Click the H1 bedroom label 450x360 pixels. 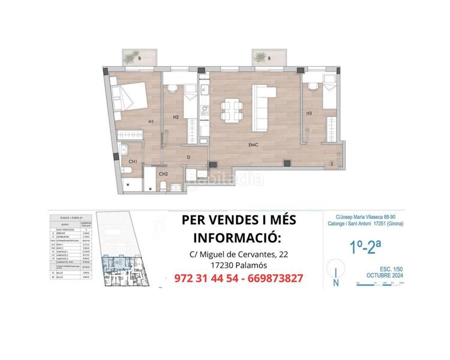151,122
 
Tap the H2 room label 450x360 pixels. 176,116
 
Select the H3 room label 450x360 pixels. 308,113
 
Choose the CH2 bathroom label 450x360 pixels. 162,174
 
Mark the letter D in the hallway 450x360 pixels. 188,158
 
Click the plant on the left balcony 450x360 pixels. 131,58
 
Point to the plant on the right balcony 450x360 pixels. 260,57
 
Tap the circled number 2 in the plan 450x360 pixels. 331,161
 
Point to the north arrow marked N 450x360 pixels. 336,278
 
